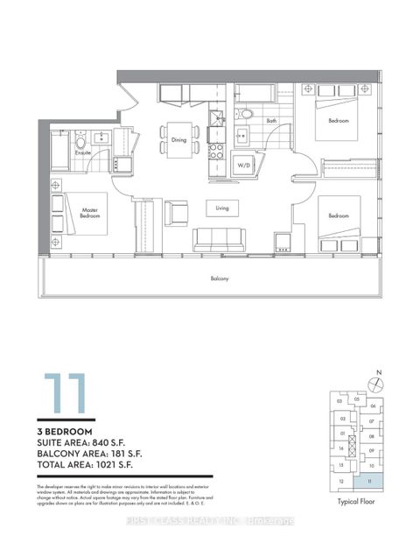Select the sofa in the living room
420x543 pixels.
pyautogui.click(x=220, y=238)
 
